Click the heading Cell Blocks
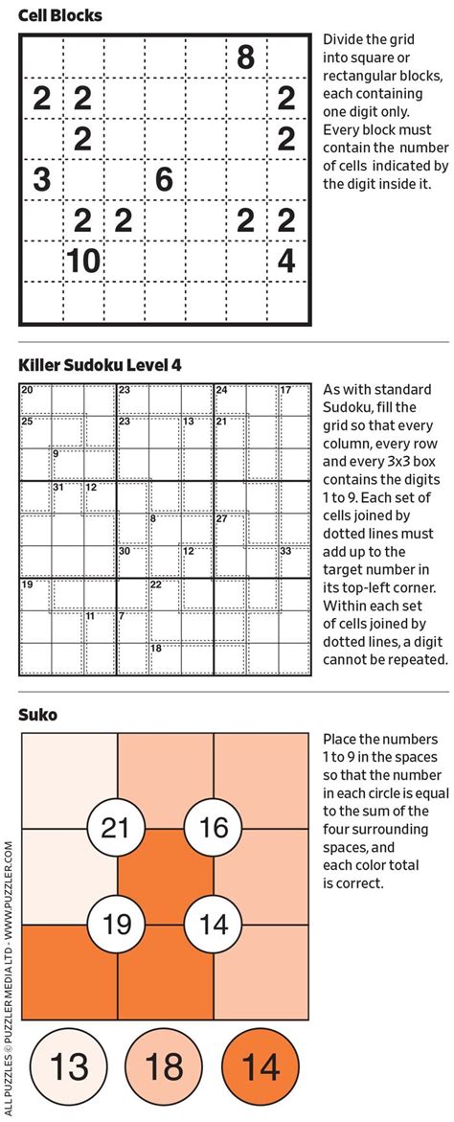coord(60,15)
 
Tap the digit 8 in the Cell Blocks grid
coord(245,57)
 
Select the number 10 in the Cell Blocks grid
coord(83,261)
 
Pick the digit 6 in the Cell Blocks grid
coord(164,179)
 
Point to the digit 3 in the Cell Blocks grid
coord(41,179)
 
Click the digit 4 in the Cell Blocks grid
coord(285,261)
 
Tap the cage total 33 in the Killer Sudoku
coord(285,551)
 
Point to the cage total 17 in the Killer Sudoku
coord(285,390)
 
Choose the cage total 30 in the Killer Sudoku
coord(124,551)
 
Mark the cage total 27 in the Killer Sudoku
coord(221,518)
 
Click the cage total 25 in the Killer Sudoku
coord(27,422)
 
